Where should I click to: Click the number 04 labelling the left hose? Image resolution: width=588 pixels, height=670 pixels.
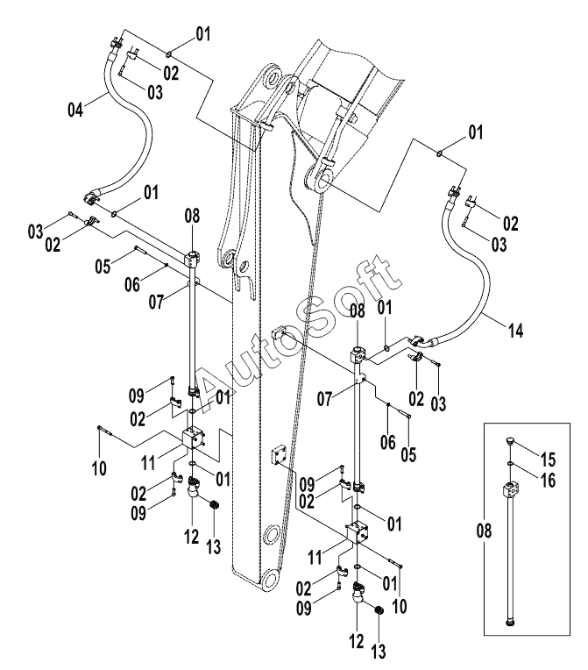pyautogui.click(x=75, y=110)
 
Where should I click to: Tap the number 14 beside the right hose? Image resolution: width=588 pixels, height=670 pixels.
pyautogui.click(x=516, y=331)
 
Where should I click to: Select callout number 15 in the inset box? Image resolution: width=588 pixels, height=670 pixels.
pyautogui.click(x=549, y=460)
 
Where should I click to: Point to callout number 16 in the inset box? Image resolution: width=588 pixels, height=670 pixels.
pyautogui.click(x=549, y=481)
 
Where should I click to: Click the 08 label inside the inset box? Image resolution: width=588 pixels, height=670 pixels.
pyautogui.click(x=484, y=531)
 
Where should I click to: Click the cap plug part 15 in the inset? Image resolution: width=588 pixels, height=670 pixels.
pyautogui.click(x=510, y=441)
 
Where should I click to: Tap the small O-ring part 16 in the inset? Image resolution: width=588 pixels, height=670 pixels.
pyautogui.click(x=511, y=463)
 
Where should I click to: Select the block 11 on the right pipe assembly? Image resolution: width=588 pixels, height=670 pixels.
pyautogui.click(x=358, y=532)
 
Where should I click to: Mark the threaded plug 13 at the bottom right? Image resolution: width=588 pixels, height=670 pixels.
pyautogui.click(x=379, y=610)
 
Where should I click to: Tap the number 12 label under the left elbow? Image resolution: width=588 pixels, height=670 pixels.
pyautogui.click(x=192, y=536)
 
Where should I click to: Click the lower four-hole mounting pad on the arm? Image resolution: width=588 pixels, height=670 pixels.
pyautogui.click(x=280, y=457)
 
